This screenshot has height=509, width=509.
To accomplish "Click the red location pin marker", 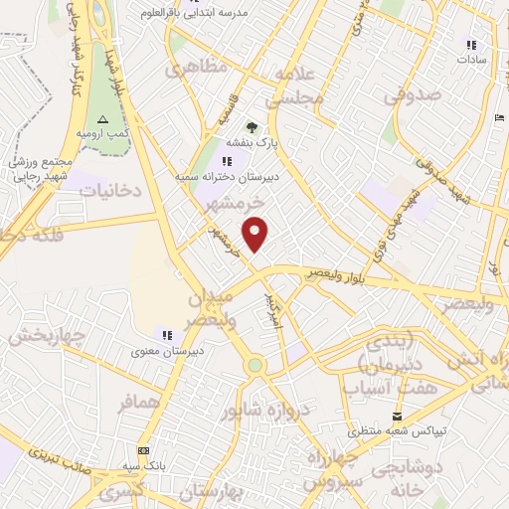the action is [256, 233].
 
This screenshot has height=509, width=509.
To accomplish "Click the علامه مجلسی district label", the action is [296, 87].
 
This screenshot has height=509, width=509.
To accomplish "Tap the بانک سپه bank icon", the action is [143, 449].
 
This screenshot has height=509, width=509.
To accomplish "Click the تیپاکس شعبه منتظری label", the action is [398, 432].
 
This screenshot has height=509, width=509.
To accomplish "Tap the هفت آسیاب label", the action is [381, 387].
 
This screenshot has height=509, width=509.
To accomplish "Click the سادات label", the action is [470, 60].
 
